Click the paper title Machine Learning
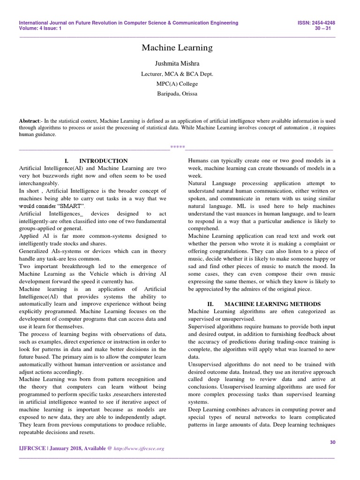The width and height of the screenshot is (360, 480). [177, 48]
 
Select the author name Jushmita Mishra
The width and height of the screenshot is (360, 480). [177, 63]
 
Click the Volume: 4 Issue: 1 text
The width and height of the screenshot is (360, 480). [40, 28]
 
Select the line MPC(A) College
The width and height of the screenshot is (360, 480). [177, 84]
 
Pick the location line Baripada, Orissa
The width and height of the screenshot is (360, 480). [177, 94]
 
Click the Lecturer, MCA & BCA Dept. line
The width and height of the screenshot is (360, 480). [177, 74]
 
